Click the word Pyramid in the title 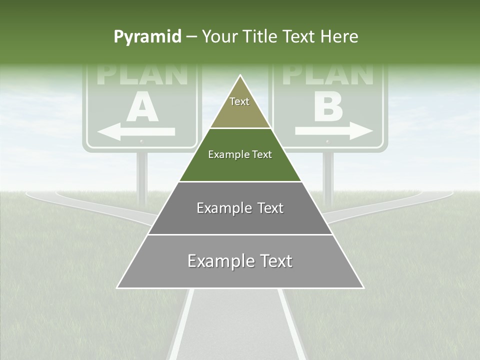(147, 37)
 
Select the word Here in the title (339, 37)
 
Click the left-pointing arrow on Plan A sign (135, 132)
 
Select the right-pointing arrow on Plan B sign (334, 131)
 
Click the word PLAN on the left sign (142, 75)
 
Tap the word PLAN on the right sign (328, 75)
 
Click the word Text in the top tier (239, 101)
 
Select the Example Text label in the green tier (240, 154)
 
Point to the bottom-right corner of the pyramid (363, 287)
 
